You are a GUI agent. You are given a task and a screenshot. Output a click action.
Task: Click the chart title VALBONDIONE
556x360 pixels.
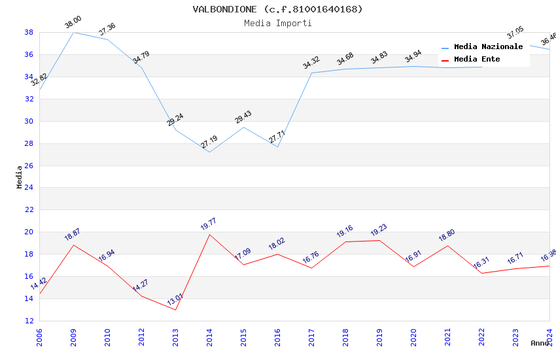coord(277,9)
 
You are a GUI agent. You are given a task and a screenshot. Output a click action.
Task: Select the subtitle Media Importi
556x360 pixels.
coord(277,23)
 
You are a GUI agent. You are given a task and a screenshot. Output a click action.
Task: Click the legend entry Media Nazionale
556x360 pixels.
coord(488,46)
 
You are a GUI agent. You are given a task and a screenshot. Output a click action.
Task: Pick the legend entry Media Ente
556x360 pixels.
coord(477,59)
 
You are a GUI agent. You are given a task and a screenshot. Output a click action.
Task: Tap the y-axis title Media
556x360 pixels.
coord(20,177)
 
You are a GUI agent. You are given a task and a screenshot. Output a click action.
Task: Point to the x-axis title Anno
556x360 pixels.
coord(540,343)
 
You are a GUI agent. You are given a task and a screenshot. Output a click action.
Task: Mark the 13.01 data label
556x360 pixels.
coord(175,300)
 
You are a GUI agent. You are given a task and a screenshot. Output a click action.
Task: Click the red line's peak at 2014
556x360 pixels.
coord(209,234)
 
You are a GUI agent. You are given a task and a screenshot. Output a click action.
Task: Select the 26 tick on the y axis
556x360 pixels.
coord(29,166)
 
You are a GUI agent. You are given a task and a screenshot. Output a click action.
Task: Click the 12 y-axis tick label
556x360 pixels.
coord(29,321)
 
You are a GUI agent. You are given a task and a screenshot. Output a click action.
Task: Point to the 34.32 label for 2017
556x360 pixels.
coord(311,63)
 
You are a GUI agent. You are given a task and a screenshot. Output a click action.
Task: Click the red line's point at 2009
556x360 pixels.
coord(73,245)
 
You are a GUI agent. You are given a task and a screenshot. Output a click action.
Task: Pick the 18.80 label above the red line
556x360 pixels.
coord(447,236)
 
